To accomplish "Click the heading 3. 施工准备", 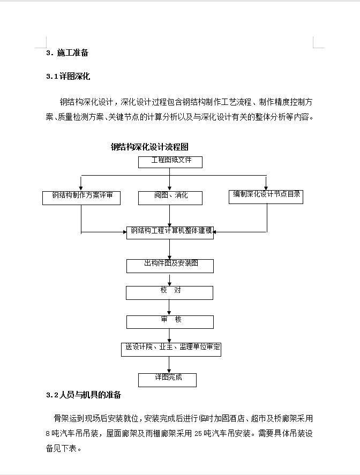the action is click(x=67, y=52).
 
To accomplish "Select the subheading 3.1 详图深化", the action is click(x=68, y=77).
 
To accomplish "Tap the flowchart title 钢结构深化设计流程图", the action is click(x=149, y=147).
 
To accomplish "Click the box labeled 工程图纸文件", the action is click(x=170, y=162).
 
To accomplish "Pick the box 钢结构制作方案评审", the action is click(x=81, y=198).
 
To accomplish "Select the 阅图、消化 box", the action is click(x=170, y=198).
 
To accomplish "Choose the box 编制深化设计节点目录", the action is click(x=266, y=197).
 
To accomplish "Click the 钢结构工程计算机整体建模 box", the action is click(x=170, y=232).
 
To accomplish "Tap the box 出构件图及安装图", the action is click(x=170, y=266).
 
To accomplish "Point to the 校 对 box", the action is click(x=169, y=293).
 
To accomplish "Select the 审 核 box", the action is click(x=170, y=322).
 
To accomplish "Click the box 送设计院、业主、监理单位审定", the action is click(x=171, y=350).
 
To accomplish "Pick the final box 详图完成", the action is click(x=167, y=380).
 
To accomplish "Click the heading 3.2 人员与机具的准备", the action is click(x=84, y=395).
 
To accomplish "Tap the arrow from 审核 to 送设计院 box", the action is click(x=169, y=336).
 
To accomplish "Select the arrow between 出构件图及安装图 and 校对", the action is click(x=169, y=280).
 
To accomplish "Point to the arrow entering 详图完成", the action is click(x=169, y=365).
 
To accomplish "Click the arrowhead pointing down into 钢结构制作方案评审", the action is click(x=81, y=189).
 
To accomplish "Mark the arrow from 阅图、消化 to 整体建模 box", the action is click(x=169, y=216).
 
